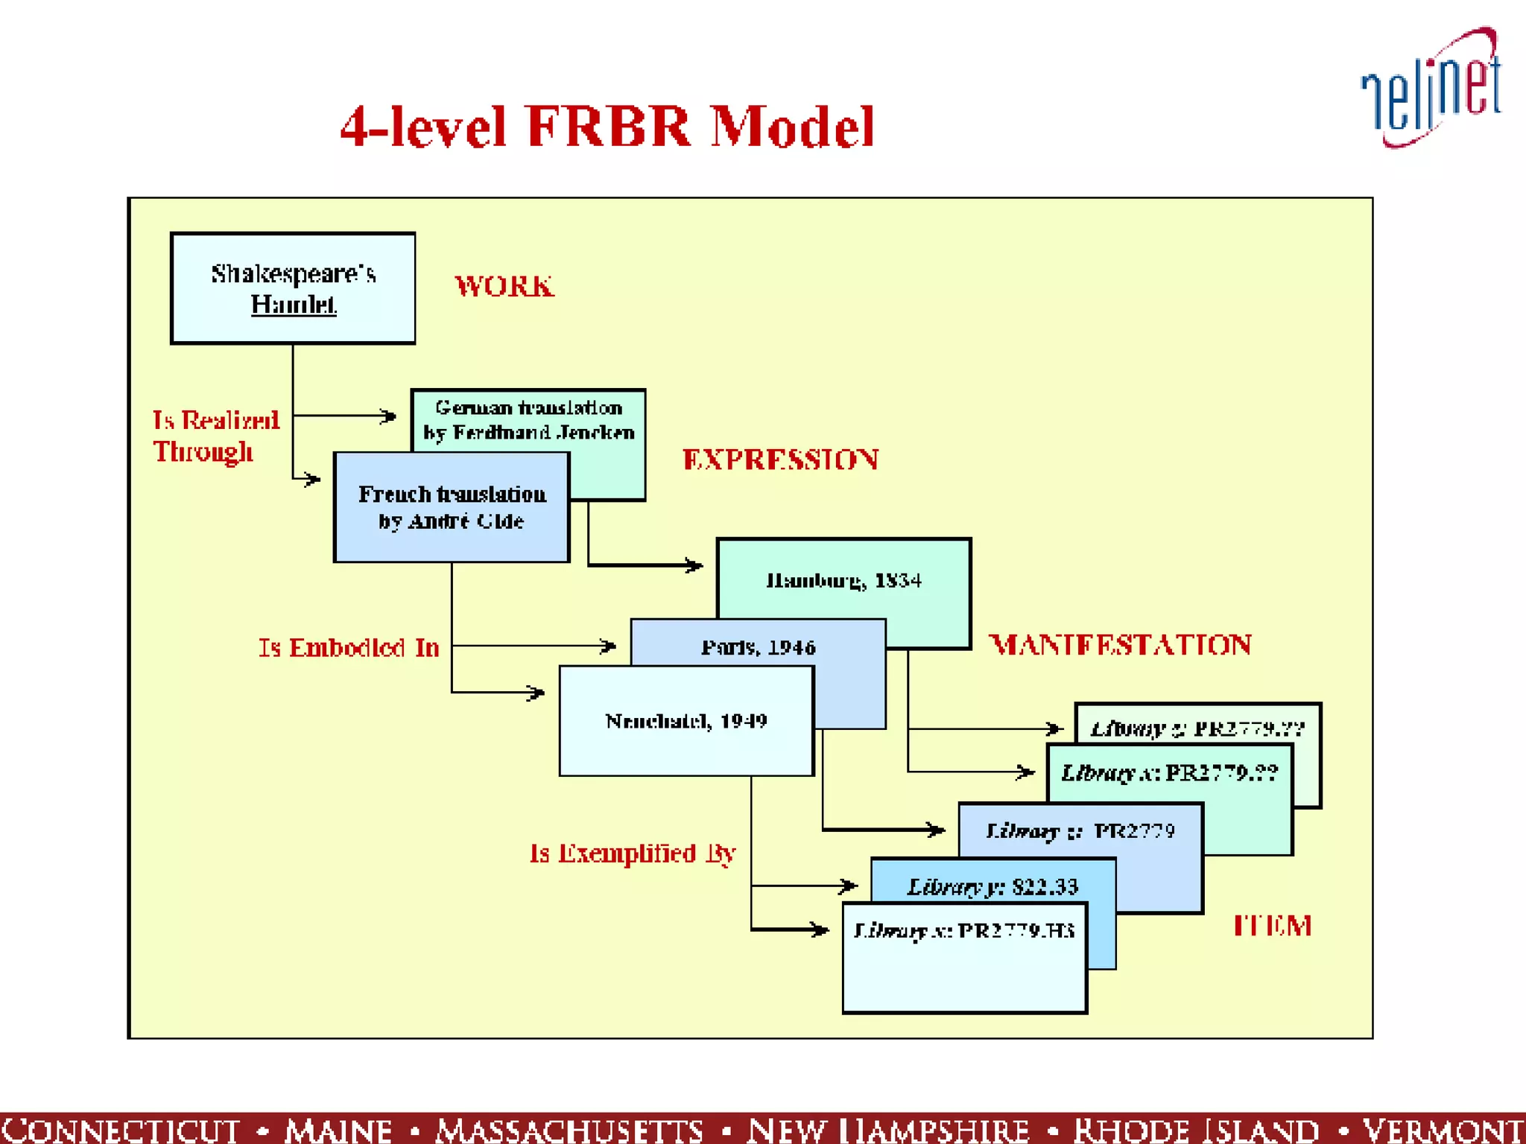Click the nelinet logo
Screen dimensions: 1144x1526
(x=1431, y=88)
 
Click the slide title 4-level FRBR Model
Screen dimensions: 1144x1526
(x=607, y=127)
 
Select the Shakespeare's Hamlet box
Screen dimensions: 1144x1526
(x=293, y=288)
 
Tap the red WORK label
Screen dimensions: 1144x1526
(x=504, y=287)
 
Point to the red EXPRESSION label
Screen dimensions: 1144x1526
(x=780, y=460)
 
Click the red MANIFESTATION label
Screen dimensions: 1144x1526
(x=1120, y=645)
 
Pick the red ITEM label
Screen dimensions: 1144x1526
(x=1272, y=926)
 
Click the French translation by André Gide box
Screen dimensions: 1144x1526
(x=452, y=507)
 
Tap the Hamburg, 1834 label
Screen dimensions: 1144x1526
(x=843, y=580)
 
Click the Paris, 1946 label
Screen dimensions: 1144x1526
(x=758, y=647)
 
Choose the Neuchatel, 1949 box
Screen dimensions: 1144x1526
(x=686, y=721)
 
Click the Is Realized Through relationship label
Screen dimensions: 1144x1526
(x=215, y=436)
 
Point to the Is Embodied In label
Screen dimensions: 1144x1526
(x=349, y=648)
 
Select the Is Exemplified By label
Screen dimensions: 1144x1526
(x=633, y=854)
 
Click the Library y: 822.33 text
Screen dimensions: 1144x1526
(x=992, y=886)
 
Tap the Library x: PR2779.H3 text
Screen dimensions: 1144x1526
(x=964, y=930)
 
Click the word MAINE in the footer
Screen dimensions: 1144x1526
(x=338, y=1130)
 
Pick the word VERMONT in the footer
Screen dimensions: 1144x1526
(x=1443, y=1130)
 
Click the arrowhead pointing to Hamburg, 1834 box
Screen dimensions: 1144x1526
(x=694, y=566)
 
